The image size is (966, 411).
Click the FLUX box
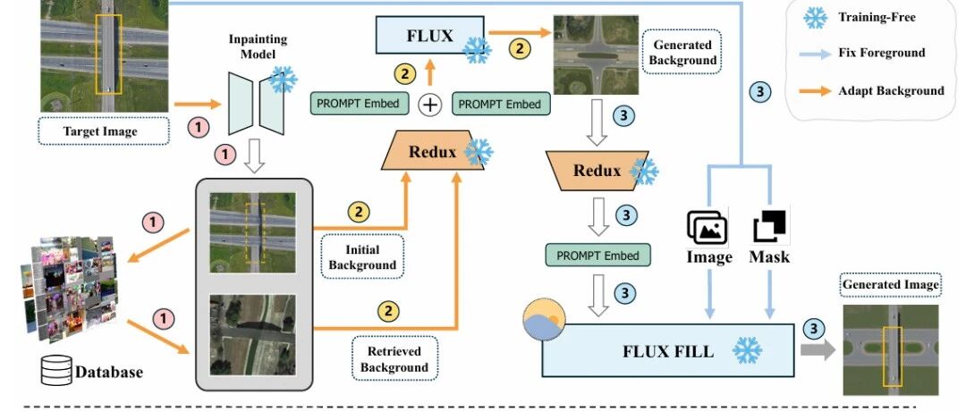point(430,35)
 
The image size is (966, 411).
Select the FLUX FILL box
point(667,350)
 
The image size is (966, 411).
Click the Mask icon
point(770,227)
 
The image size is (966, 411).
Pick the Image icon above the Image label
point(708,226)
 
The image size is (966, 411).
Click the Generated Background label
point(682,53)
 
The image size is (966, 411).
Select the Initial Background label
point(362,257)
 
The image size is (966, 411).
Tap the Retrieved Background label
point(394,358)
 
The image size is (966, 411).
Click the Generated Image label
point(890,285)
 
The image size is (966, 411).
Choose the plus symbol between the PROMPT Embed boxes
point(430,105)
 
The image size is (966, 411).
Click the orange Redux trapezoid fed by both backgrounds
point(433,152)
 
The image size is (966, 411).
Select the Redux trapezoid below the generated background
point(597,171)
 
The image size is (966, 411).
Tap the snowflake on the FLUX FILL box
point(747,350)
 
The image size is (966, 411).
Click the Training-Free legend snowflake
point(815,17)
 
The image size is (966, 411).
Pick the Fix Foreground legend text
point(882,53)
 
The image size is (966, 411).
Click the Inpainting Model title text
point(258,46)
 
